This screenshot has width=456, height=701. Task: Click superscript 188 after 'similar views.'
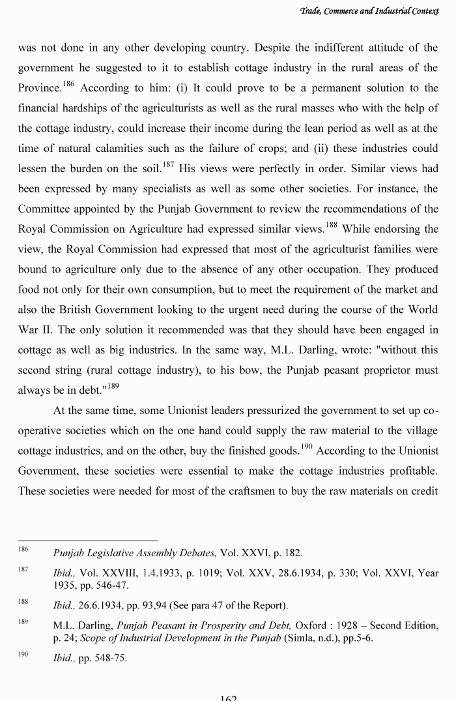tap(331, 226)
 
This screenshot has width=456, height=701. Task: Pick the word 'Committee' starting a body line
tap(44, 209)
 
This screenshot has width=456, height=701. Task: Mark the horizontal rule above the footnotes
tap(88, 540)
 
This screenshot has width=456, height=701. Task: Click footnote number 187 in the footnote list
tap(23, 569)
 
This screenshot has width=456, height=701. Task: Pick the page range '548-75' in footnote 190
tap(111, 658)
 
